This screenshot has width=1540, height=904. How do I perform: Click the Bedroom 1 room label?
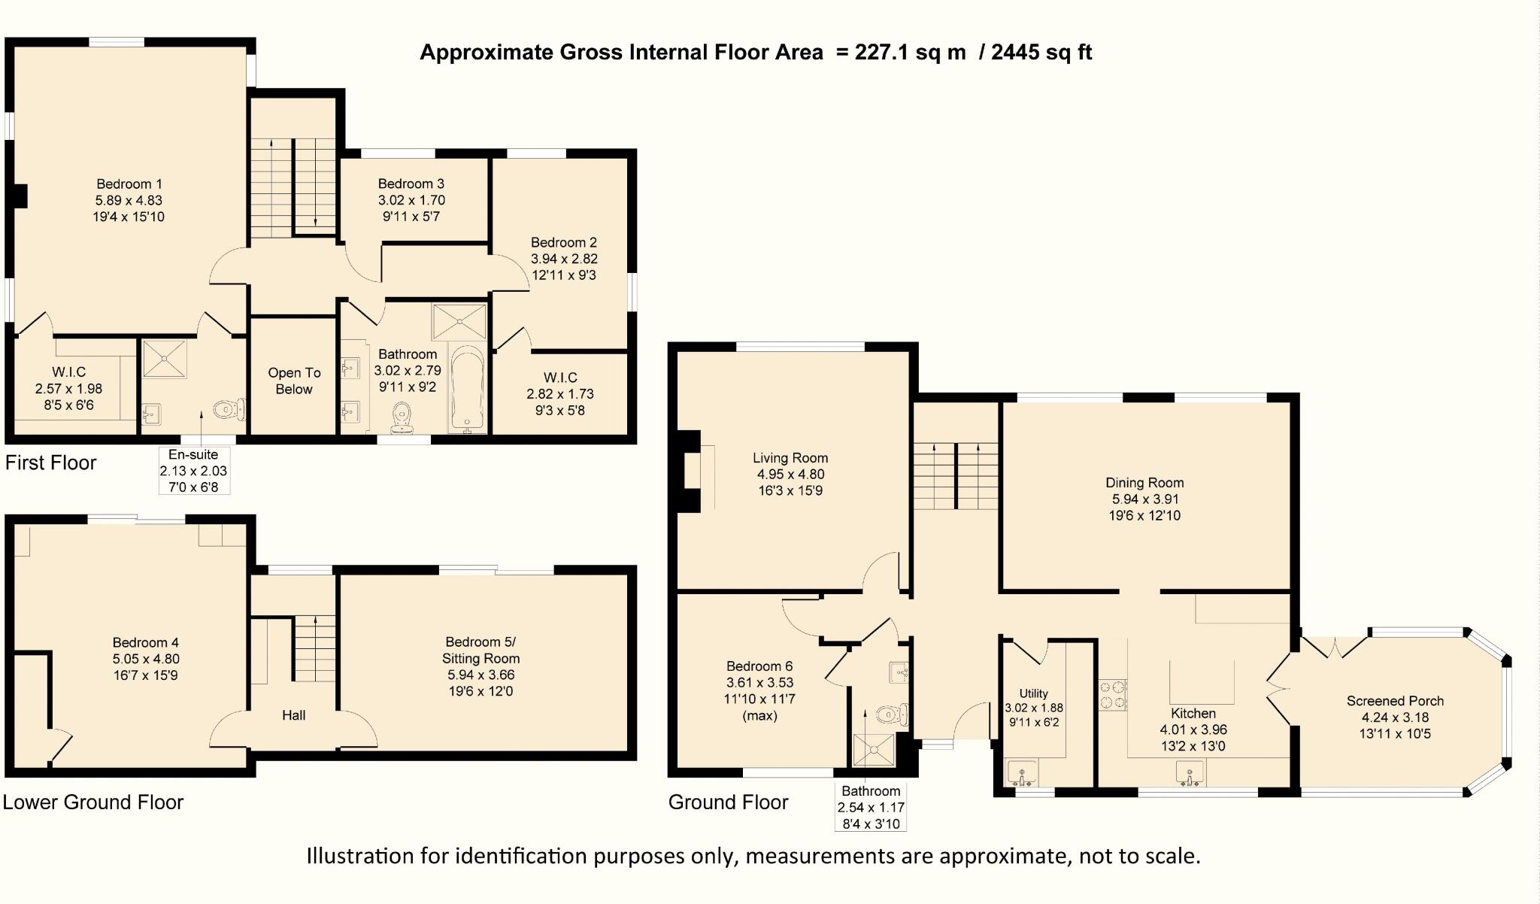click(x=129, y=184)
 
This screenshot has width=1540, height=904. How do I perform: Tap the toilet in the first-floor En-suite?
click(x=228, y=410)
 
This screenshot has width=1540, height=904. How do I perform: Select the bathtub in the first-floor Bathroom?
click(x=468, y=389)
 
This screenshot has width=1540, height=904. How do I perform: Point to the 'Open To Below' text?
click(x=294, y=381)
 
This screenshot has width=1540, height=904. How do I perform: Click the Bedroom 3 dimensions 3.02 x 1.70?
click(x=411, y=201)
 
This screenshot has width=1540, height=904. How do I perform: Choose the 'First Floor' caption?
click(x=50, y=463)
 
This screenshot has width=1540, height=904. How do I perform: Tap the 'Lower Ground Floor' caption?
click(x=93, y=802)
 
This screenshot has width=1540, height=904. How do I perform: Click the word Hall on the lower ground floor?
click(x=293, y=715)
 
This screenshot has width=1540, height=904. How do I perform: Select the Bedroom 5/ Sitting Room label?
click(x=480, y=650)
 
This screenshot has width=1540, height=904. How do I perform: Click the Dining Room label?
click(x=1144, y=483)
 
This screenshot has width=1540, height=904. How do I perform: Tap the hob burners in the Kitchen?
click(x=1113, y=694)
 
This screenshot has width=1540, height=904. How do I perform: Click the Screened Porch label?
click(x=1395, y=701)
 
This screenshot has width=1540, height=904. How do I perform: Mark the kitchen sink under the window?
click(x=1190, y=772)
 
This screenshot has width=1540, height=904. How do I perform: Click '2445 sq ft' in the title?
click(x=1041, y=52)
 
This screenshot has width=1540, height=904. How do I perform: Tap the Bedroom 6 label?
click(x=759, y=666)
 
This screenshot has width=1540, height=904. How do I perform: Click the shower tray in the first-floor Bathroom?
click(x=459, y=322)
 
